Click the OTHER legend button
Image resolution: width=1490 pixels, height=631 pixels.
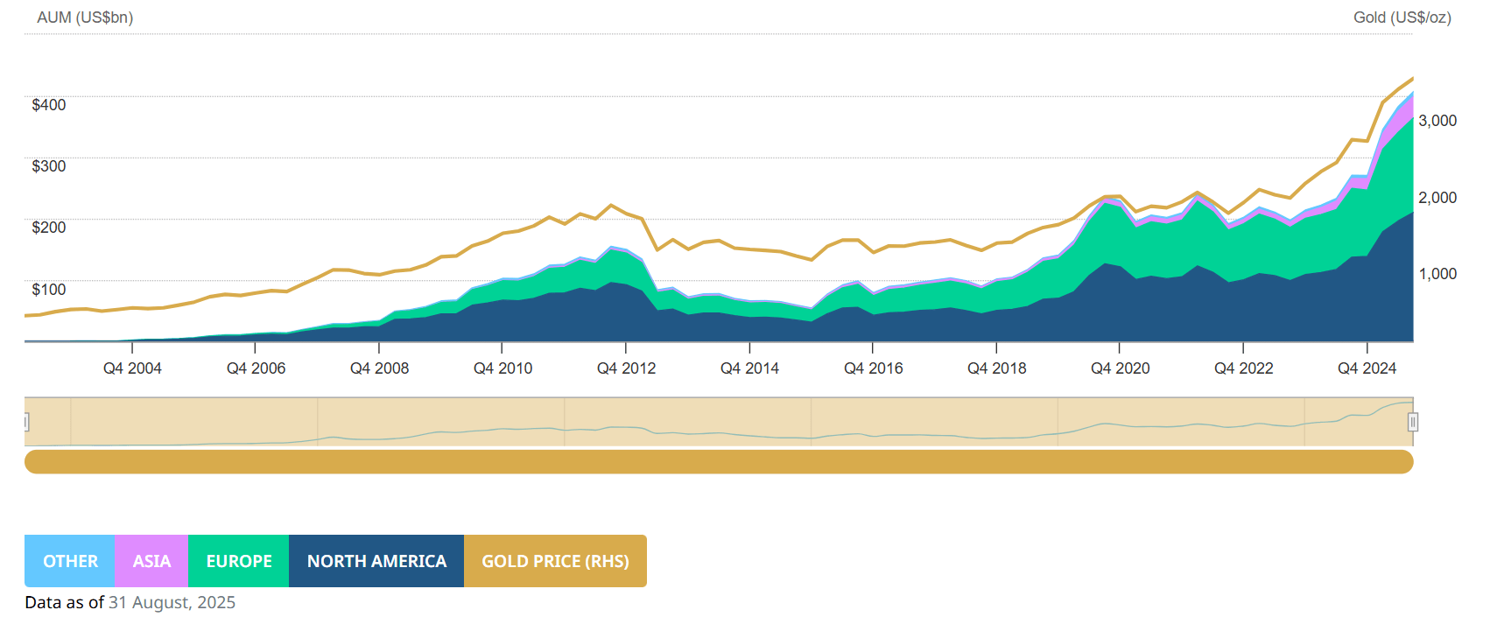pyautogui.click(x=70, y=561)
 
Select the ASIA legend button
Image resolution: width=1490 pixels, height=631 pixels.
pyautogui.click(x=151, y=561)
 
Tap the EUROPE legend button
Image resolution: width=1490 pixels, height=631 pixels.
pyautogui.click(x=238, y=561)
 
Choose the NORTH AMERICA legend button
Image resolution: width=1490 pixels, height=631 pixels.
pyautogui.click(x=376, y=561)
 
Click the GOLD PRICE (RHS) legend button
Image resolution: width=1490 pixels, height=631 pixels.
pyautogui.click(x=555, y=561)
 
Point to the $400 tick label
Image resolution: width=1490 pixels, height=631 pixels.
pyautogui.click(x=49, y=105)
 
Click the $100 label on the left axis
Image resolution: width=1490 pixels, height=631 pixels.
pyautogui.click(x=49, y=290)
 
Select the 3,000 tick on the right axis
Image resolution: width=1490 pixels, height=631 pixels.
pyautogui.click(x=1437, y=121)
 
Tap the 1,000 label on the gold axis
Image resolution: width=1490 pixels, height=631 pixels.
pyautogui.click(x=1437, y=274)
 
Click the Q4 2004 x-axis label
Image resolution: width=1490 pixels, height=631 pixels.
pyautogui.click(x=132, y=368)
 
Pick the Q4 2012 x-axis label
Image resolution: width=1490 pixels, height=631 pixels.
pyautogui.click(x=626, y=368)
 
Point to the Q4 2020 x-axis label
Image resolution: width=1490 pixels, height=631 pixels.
pyautogui.click(x=1120, y=368)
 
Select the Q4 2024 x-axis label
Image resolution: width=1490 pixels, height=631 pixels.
pyautogui.click(x=1367, y=368)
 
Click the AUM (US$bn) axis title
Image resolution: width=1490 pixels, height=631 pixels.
pyautogui.click(x=85, y=18)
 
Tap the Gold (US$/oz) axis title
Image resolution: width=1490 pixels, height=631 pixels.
pyautogui.click(x=1402, y=18)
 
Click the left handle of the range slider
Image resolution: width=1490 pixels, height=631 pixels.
pyautogui.click(x=26, y=423)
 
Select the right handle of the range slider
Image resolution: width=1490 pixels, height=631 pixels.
pyautogui.click(x=1412, y=423)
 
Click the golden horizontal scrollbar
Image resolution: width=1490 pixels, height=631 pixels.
pyautogui.click(x=718, y=461)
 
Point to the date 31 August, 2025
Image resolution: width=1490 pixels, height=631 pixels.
pyautogui.click(x=172, y=602)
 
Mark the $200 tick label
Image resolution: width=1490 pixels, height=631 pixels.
pyautogui.click(x=49, y=228)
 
